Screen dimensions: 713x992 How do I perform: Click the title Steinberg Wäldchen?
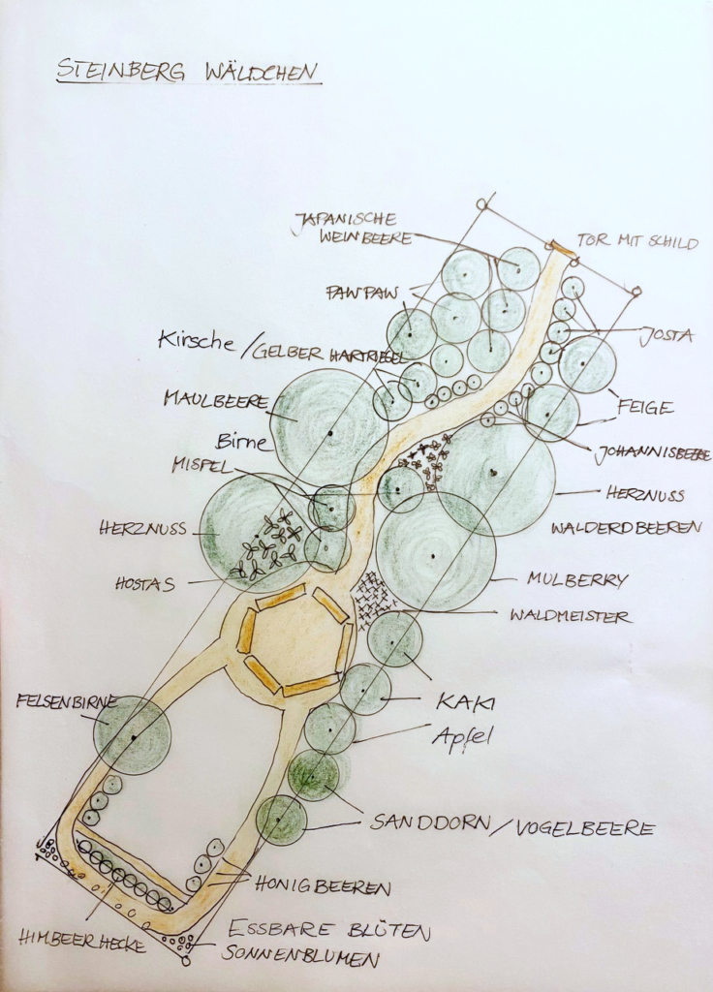(x=189, y=71)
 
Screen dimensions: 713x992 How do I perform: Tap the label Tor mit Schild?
(x=637, y=241)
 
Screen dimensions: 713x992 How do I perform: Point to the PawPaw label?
(x=362, y=293)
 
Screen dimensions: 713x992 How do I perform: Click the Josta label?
(x=666, y=335)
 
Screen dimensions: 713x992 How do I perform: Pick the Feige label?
(x=645, y=407)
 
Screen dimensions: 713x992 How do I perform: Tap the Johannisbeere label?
(x=652, y=454)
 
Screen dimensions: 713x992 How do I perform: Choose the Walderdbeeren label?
(x=626, y=527)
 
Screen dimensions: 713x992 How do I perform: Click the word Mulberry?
(x=577, y=579)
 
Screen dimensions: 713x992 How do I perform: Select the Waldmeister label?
(x=570, y=615)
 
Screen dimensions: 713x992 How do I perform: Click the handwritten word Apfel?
(x=462, y=737)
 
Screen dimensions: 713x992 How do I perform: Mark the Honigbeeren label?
(x=323, y=885)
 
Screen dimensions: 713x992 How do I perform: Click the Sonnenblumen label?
(x=300, y=956)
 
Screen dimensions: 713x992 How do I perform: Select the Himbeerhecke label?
(x=82, y=941)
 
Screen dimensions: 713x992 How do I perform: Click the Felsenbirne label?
(x=67, y=701)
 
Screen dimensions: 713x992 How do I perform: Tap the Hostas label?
(x=145, y=583)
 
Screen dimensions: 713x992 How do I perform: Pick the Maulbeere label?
(x=216, y=399)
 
